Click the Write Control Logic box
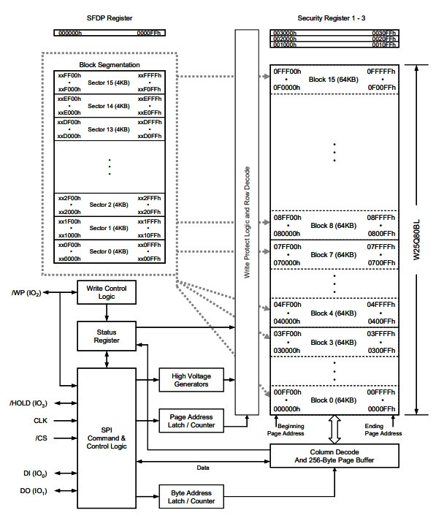(x=107, y=292)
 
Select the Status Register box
(x=107, y=336)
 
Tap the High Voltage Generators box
(x=191, y=380)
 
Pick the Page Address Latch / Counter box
(x=191, y=421)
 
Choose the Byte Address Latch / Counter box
(x=191, y=497)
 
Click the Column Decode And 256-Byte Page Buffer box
(x=334, y=456)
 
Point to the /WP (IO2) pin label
(x=26, y=293)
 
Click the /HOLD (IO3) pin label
(x=28, y=403)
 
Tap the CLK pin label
(x=40, y=421)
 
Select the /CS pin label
(x=42, y=438)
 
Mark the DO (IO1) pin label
(x=34, y=491)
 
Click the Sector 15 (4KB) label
(x=109, y=83)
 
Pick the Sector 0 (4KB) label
(x=109, y=251)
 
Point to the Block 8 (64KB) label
(x=334, y=226)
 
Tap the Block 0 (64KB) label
(x=334, y=400)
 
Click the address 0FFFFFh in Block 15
(x=381, y=72)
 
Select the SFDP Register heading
(x=110, y=18)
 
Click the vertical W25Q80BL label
(x=416, y=240)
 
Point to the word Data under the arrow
(x=203, y=468)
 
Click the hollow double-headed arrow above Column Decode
(x=334, y=429)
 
